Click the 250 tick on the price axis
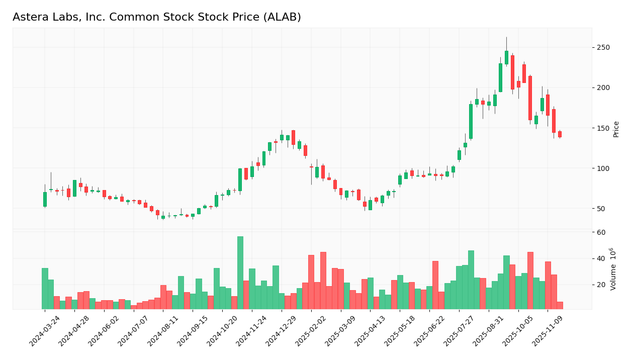[603, 47]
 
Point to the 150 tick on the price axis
[603, 128]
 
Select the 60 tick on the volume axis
[601, 232]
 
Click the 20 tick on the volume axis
[601, 285]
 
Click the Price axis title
[616, 129]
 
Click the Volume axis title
[613, 268]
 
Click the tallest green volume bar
[240, 273]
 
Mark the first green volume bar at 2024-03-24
[45, 288]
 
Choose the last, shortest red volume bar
[560, 305]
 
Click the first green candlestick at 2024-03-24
[45, 199]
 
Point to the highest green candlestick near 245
[506, 57]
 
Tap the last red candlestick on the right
[560, 134]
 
